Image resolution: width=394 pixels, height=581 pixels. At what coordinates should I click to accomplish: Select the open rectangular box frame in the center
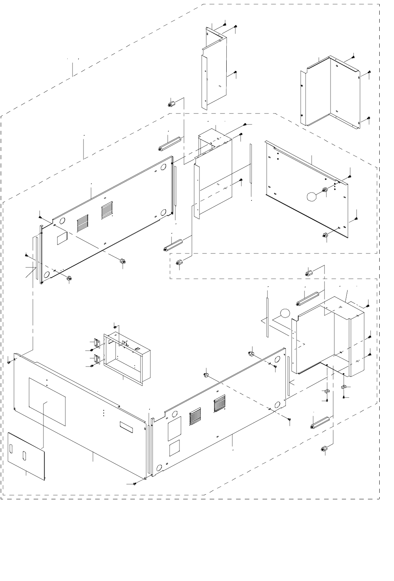pyautogui.click(x=127, y=357)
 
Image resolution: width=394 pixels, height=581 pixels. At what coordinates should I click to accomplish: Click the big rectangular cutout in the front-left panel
pyautogui.click(x=47, y=401)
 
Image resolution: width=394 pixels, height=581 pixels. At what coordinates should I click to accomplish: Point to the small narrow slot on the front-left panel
pyautogui.click(x=127, y=427)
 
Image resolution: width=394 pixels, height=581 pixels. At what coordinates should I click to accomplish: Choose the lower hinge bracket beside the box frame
pyautogui.click(x=98, y=358)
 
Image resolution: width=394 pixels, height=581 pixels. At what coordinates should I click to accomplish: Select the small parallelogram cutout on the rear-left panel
pyautogui.click(x=62, y=237)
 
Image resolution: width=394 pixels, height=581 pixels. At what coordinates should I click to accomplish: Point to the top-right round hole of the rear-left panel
pyautogui.click(x=164, y=167)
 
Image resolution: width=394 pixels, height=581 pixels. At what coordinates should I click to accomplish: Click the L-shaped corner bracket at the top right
pyautogui.click(x=330, y=93)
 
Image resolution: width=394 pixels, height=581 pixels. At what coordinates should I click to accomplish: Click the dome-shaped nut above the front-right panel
pyautogui.click(x=250, y=354)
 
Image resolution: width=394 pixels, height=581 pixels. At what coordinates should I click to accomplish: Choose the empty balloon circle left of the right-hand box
pyautogui.click(x=285, y=314)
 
